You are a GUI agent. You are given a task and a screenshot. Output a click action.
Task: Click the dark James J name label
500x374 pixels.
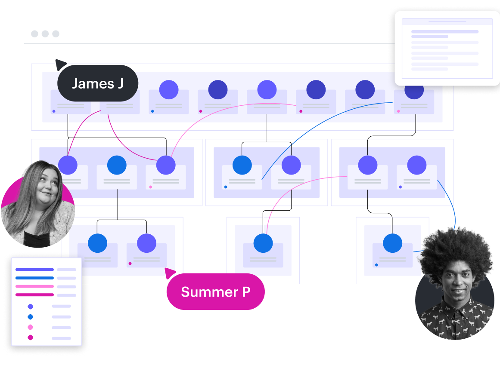pyautogui.click(x=98, y=83)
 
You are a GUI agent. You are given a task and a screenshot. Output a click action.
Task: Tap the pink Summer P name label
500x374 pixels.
pyautogui.click(x=215, y=292)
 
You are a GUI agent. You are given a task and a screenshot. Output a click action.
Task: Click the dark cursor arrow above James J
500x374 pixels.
pyautogui.click(x=60, y=64)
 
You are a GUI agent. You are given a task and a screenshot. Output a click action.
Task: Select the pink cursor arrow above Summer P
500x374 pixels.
pyautogui.click(x=170, y=273)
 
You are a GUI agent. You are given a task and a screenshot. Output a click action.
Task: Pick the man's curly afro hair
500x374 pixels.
pyautogui.click(x=457, y=251)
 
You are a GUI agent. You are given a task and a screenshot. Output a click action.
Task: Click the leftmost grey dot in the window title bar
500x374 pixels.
pyautogui.click(x=34, y=34)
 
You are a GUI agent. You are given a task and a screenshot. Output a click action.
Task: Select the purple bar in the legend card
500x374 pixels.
pyautogui.click(x=34, y=270)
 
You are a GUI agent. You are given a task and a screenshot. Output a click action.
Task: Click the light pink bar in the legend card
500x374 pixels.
pyautogui.click(x=34, y=286)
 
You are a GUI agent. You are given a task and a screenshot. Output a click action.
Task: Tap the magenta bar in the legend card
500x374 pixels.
pyautogui.click(x=34, y=295)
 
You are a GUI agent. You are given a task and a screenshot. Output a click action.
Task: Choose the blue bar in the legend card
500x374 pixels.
pyautogui.click(x=34, y=278)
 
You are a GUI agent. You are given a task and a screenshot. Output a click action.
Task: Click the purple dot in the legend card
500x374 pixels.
pyautogui.click(x=30, y=307)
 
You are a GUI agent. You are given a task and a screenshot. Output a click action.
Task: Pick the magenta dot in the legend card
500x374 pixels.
pyautogui.click(x=30, y=337)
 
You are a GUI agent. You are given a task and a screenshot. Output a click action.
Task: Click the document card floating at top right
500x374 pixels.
pyautogui.click(x=447, y=48)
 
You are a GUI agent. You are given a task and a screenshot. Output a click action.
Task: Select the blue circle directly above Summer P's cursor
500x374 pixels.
pyautogui.click(x=98, y=243)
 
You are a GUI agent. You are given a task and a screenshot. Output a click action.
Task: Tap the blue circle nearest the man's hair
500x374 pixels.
pyautogui.click(x=392, y=243)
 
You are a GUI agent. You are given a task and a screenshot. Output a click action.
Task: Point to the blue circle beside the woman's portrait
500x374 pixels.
pyautogui.click(x=117, y=166)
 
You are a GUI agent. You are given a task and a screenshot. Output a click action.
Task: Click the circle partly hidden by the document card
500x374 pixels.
pyautogui.click(x=414, y=92)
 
